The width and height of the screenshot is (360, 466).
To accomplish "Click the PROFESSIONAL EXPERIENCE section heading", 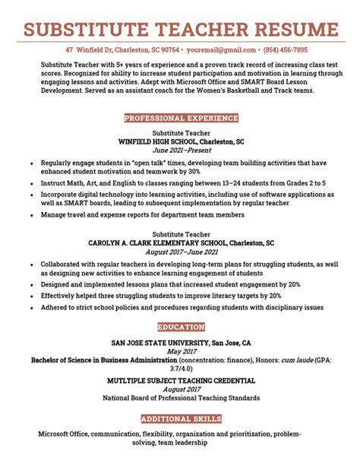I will (180, 119).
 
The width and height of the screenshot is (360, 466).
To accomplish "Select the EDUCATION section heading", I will (180, 327).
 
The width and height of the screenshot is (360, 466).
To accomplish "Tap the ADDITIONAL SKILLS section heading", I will (180, 419).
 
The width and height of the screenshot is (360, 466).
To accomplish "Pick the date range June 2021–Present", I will (180, 151).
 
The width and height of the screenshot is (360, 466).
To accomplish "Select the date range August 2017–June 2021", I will (180, 252).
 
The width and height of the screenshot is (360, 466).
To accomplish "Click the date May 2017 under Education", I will (180, 352).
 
